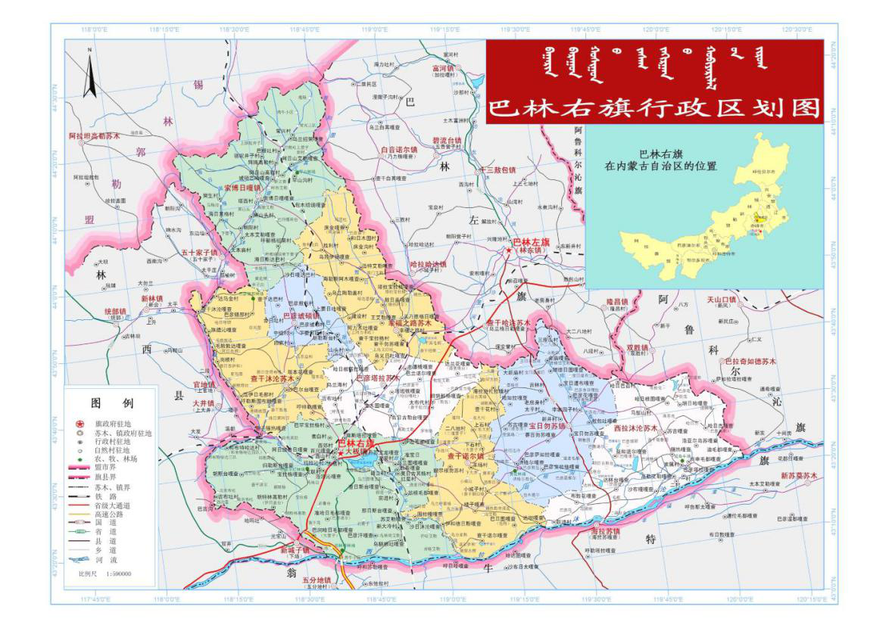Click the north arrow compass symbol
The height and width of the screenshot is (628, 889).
point(89,74)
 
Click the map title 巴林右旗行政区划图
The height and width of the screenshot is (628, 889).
point(654,107)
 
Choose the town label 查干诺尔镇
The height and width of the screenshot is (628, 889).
point(465,456)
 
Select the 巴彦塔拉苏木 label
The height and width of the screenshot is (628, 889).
point(376,378)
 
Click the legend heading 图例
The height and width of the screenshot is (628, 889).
point(112,402)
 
